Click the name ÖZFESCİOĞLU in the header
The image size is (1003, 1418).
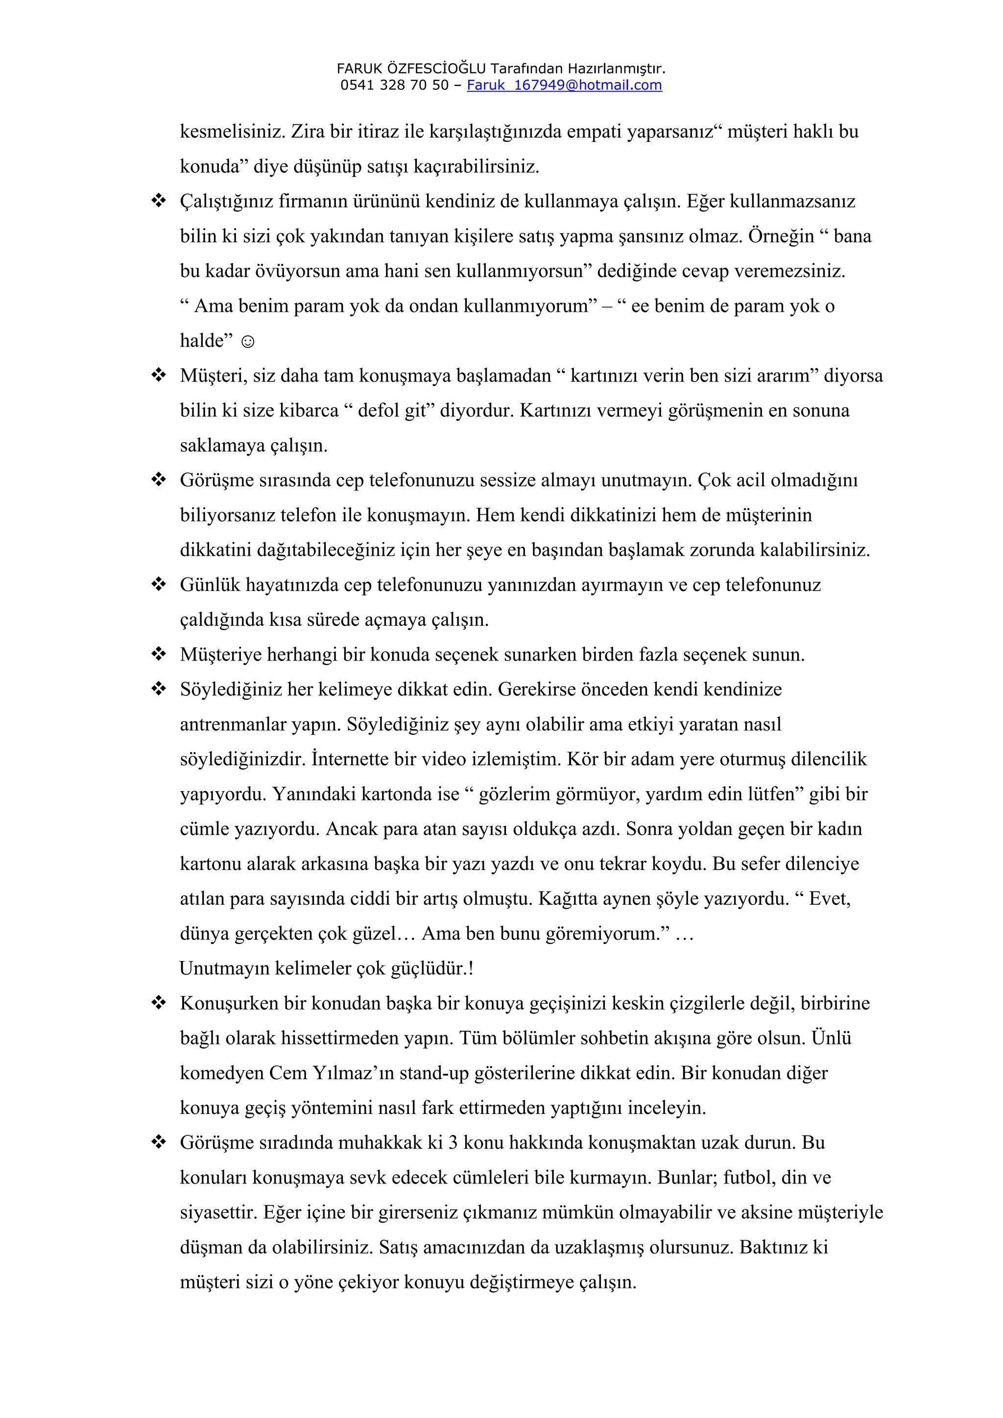[x=437, y=68]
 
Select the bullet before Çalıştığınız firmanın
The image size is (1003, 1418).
[x=159, y=201]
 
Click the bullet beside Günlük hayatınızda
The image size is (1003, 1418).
[x=159, y=584]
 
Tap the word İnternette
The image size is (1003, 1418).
[x=349, y=759]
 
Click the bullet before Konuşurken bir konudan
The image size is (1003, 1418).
[x=159, y=1003]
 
